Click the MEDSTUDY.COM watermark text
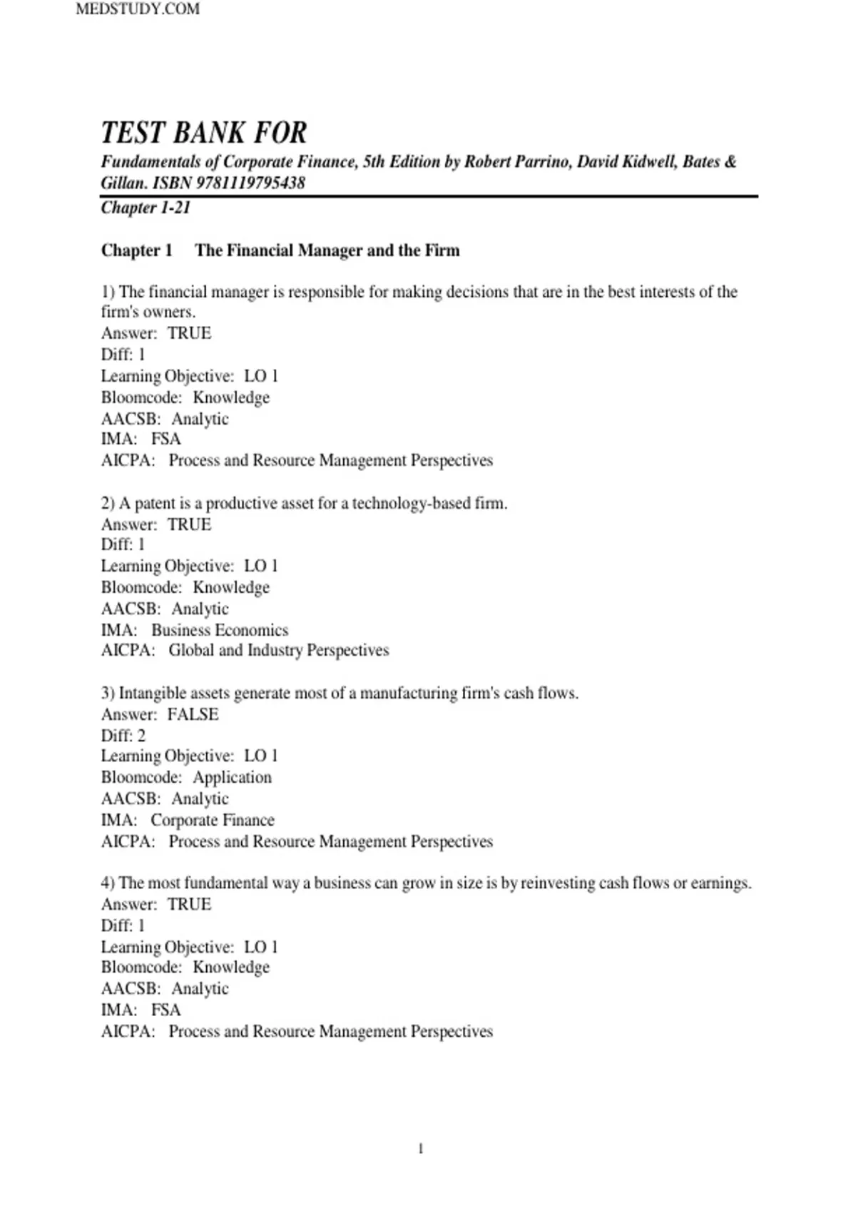point(138,9)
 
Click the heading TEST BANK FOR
point(204,133)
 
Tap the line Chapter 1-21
point(146,208)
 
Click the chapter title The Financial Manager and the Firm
point(327,250)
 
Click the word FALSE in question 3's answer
point(193,714)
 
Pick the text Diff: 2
point(123,736)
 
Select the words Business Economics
point(220,630)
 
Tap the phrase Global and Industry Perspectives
point(279,650)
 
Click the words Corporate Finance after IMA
point(213,820)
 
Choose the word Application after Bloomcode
point(233,777)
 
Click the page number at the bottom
point(421,1148)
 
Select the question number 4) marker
point(108,883)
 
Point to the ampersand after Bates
point(730,162)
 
